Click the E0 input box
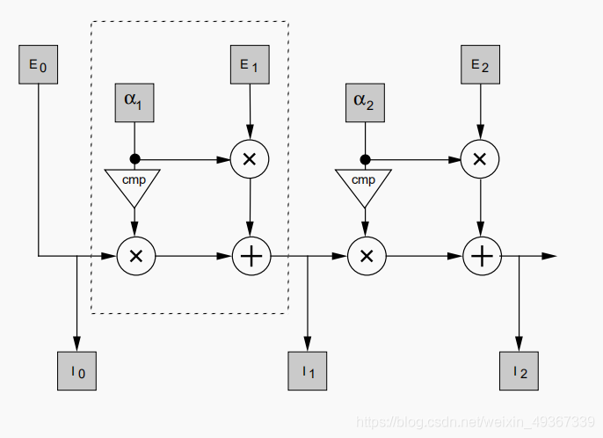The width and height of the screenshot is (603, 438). pos(38,65)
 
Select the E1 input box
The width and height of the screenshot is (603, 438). pos(250,65)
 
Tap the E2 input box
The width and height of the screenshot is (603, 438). pos(479,65)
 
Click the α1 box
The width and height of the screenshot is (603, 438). pos(134,102)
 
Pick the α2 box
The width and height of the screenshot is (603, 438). pos(364,102)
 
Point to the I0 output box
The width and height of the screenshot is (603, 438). pos(76,370)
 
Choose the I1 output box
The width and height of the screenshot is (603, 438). pos(308,370)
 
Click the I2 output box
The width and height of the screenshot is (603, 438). pos(519,370)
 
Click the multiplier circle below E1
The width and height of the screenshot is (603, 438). pos(249,158)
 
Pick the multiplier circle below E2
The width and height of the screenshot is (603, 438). pos(479,158)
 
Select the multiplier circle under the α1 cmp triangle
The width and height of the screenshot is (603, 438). pos(135,256)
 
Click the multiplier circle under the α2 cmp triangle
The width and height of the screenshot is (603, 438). pos(367,256)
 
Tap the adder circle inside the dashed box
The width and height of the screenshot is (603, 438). pos(251,256)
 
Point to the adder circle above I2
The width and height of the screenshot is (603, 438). pos(481,256)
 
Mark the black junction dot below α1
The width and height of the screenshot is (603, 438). pos(134,159)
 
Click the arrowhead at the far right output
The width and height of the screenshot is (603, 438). pos(549,256)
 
